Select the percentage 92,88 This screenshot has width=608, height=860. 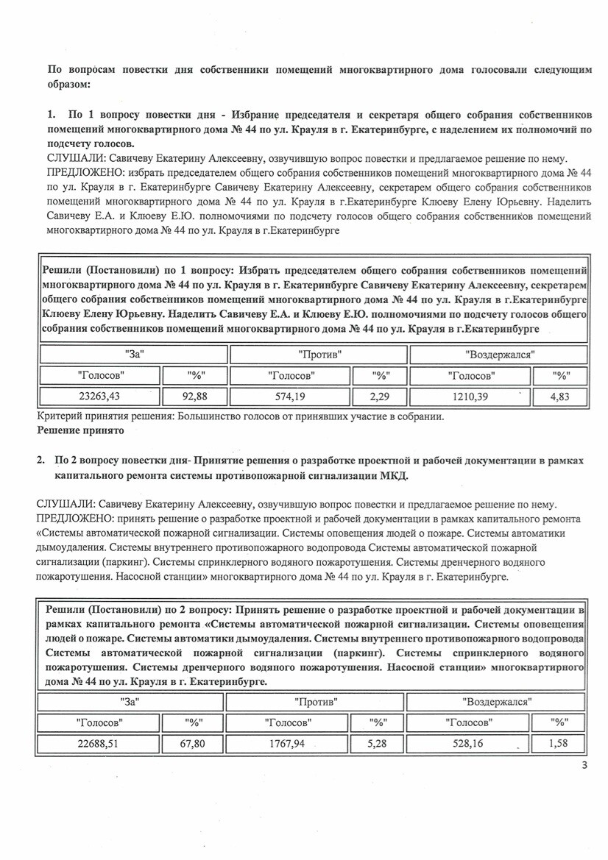[x=196, y=398]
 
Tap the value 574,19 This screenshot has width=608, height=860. [x=292, y=398]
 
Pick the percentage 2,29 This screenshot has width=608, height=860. [x=381, y=398]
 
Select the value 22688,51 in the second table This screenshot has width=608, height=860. [x=98, y=744]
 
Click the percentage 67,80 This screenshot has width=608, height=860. [x=193, y=744]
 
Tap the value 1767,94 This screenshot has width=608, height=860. [x=289, y=744]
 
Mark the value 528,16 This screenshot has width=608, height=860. [x=467, y=744]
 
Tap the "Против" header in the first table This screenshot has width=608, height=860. [x=318, y=354]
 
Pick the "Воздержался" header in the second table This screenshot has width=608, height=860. [x=497, y=702]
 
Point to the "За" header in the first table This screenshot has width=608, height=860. [x=134, y=354]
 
